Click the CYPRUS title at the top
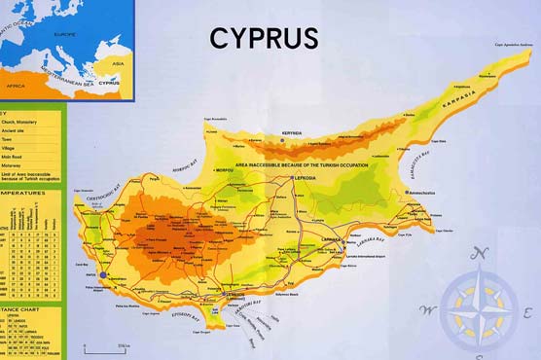click(264, 38)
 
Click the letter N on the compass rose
click(476, 255)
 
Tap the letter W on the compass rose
click(424, 310)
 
